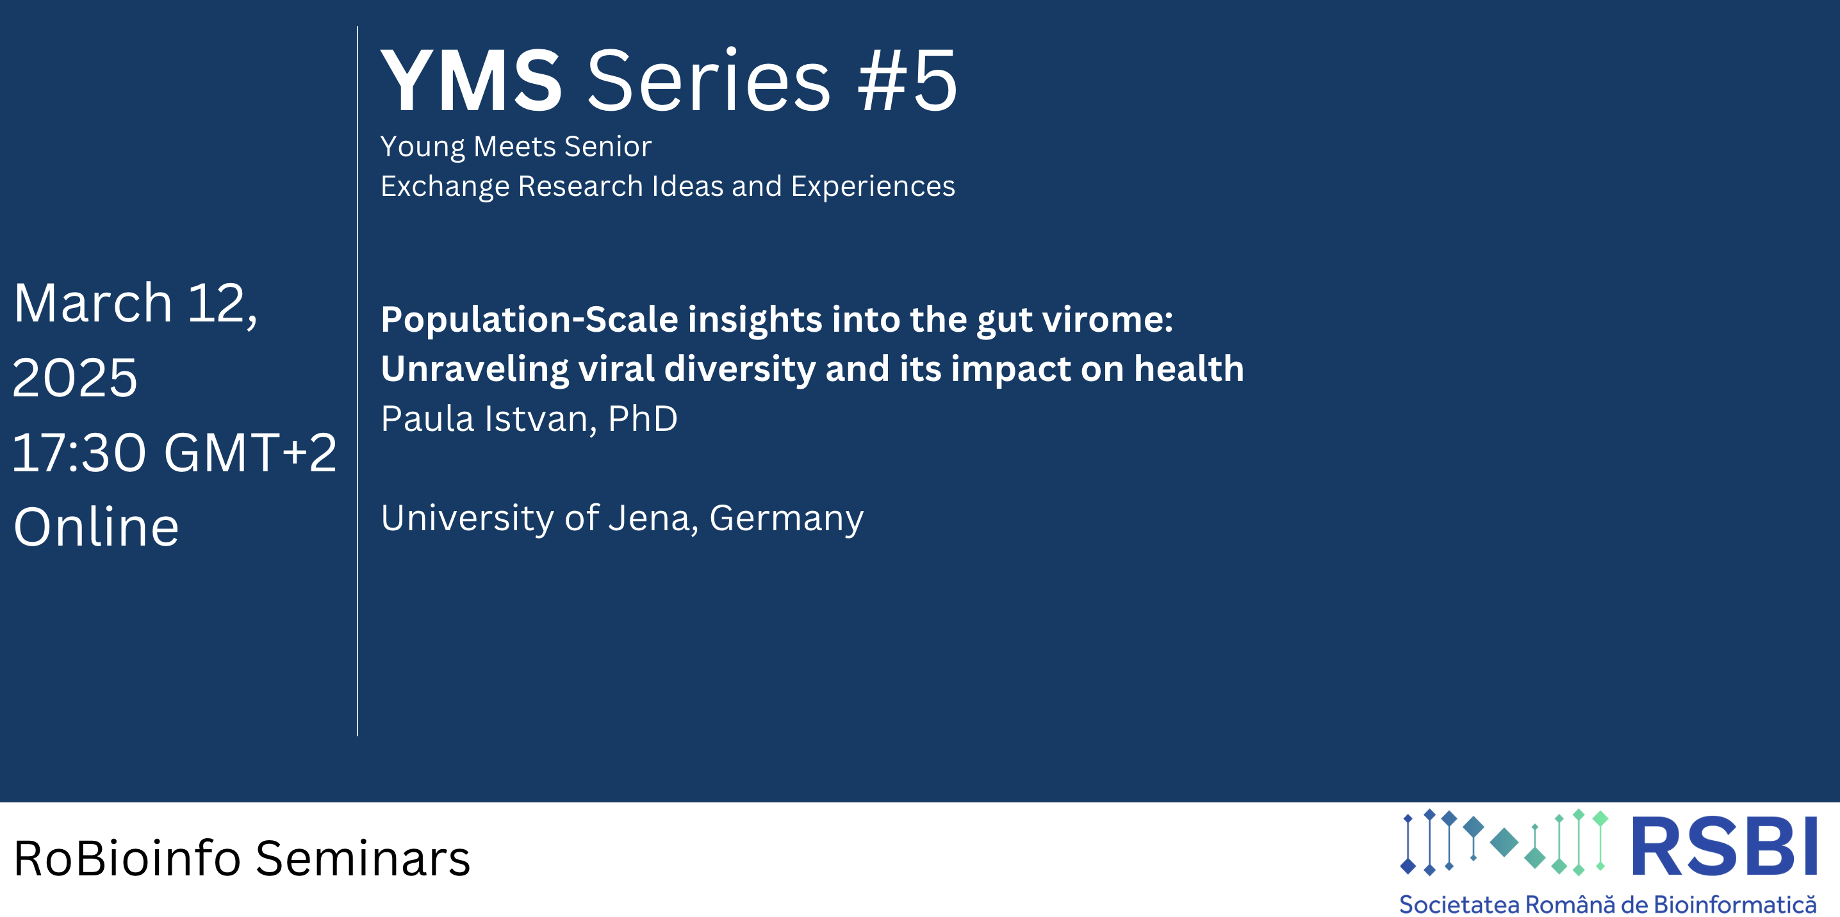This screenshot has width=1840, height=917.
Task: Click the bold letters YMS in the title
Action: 472,80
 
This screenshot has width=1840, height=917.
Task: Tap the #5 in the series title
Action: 907,80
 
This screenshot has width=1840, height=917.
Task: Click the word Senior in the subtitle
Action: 608,147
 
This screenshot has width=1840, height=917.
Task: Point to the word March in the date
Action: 94,303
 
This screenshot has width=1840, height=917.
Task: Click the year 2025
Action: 75,378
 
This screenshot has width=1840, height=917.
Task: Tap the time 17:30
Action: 79,453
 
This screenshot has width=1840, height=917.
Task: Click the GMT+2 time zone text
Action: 250,453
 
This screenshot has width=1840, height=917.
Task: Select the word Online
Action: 97,527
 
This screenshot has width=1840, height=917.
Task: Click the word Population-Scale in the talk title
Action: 529,320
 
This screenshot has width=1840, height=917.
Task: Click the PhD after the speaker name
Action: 642,419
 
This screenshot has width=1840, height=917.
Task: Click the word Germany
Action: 787,519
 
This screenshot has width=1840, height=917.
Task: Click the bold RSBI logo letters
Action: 1723,847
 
